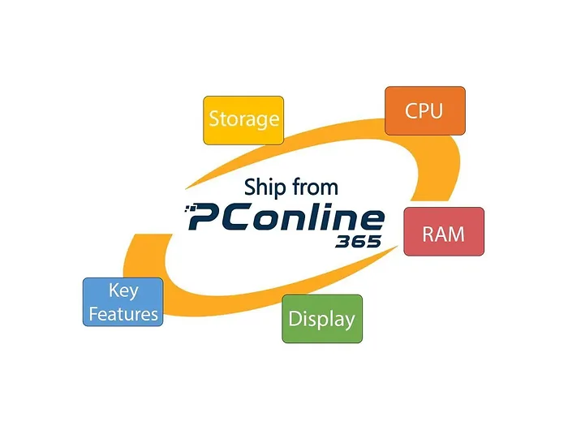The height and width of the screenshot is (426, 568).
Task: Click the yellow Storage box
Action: [243, 120]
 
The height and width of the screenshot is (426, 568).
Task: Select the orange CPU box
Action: [425, 110]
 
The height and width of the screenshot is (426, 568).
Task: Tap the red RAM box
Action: [444, 231]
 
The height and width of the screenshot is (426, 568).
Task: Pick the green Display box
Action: [322, 319]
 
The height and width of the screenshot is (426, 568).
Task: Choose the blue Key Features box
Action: [123, 302]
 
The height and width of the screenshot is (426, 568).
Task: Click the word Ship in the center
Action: [265, 188]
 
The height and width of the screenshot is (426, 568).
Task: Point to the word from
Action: [315, 187]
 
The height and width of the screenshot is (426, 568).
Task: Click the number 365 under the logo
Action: [359, 242]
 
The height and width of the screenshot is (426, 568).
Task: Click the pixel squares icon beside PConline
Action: [190, 209]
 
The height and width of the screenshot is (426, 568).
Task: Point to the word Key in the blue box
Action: [123, 290]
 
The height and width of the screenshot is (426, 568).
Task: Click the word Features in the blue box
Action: [123, 314]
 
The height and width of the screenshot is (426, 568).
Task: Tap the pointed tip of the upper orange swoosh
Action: [186, 189]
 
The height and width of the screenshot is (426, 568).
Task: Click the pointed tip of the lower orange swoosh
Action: [398, 247]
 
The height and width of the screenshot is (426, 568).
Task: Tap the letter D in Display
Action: [295, 319]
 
